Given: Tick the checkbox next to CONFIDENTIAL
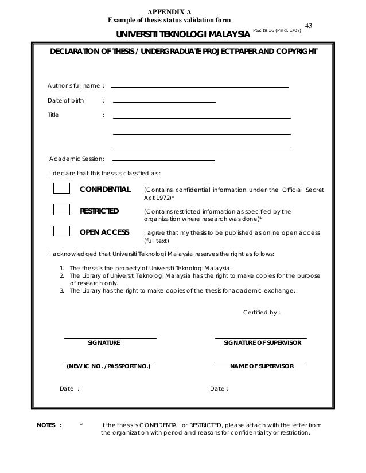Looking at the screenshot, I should coord(61,189).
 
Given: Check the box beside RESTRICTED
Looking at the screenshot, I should coord(61,210).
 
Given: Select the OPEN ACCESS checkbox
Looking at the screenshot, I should coord(61,231).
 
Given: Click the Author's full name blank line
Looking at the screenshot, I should coord(200,86).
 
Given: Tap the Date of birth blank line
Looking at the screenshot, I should coord(165,101).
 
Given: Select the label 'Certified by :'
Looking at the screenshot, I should coord(262,312).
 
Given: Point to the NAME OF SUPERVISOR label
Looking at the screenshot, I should coord(262,365).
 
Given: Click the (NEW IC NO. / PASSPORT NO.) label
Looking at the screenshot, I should coord(108,365).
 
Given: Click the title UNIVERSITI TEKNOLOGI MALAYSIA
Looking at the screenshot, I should coord(183,35).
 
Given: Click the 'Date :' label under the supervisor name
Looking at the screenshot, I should coord(219,388).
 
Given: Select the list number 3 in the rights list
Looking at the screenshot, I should coord(62,290).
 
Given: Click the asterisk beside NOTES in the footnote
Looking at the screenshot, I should coord(81,425).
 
